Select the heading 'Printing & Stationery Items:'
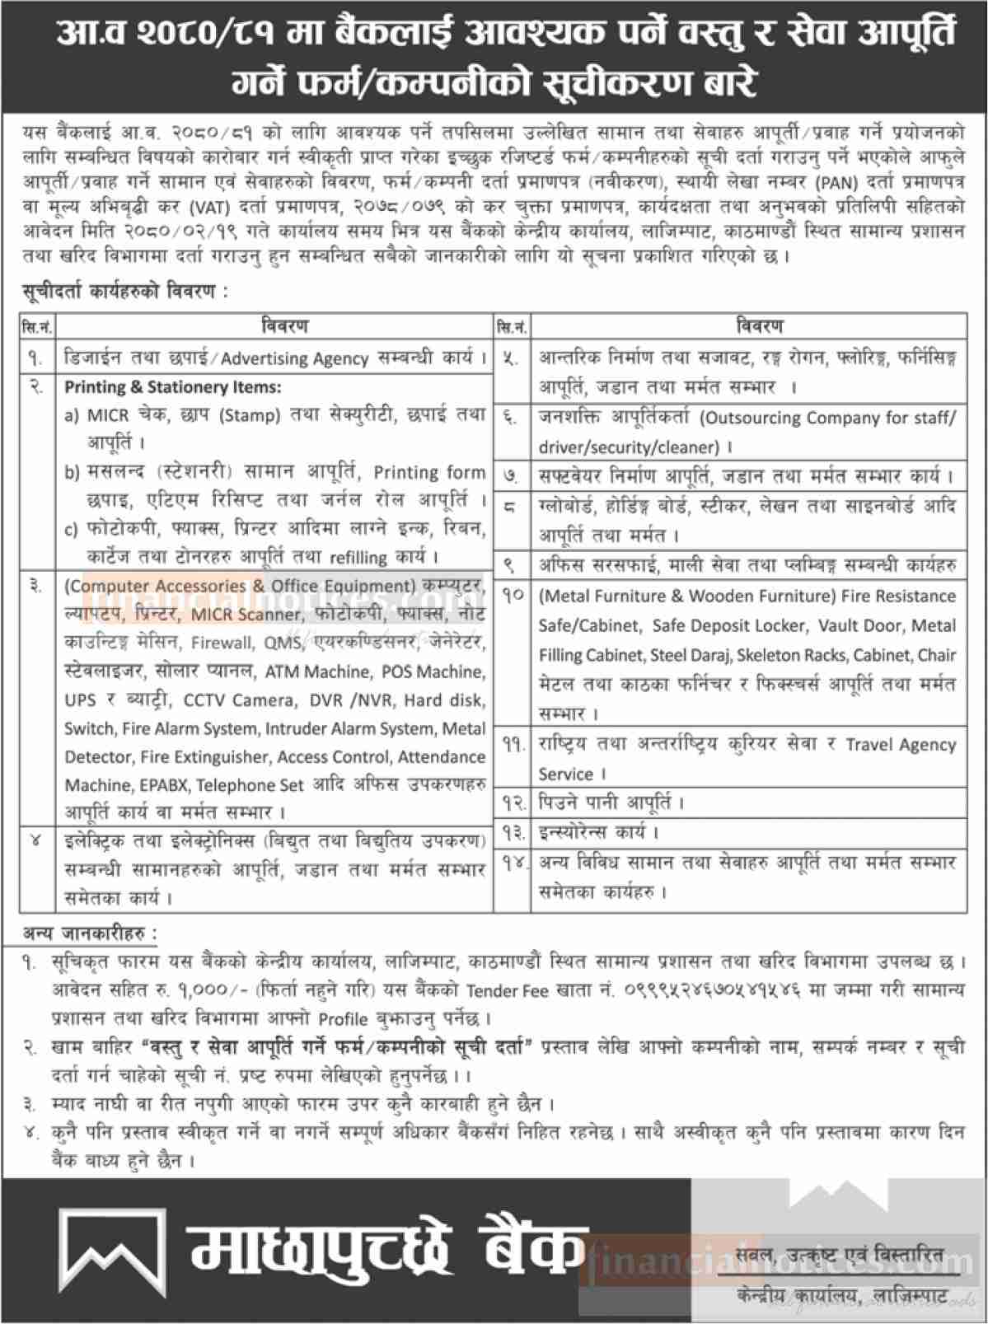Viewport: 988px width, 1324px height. click(173, 386)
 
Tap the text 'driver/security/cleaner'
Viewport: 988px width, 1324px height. click(629, 447)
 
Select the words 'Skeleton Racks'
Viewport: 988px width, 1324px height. click(792, 655)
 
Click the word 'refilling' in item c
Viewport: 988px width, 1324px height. click(358, 558)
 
